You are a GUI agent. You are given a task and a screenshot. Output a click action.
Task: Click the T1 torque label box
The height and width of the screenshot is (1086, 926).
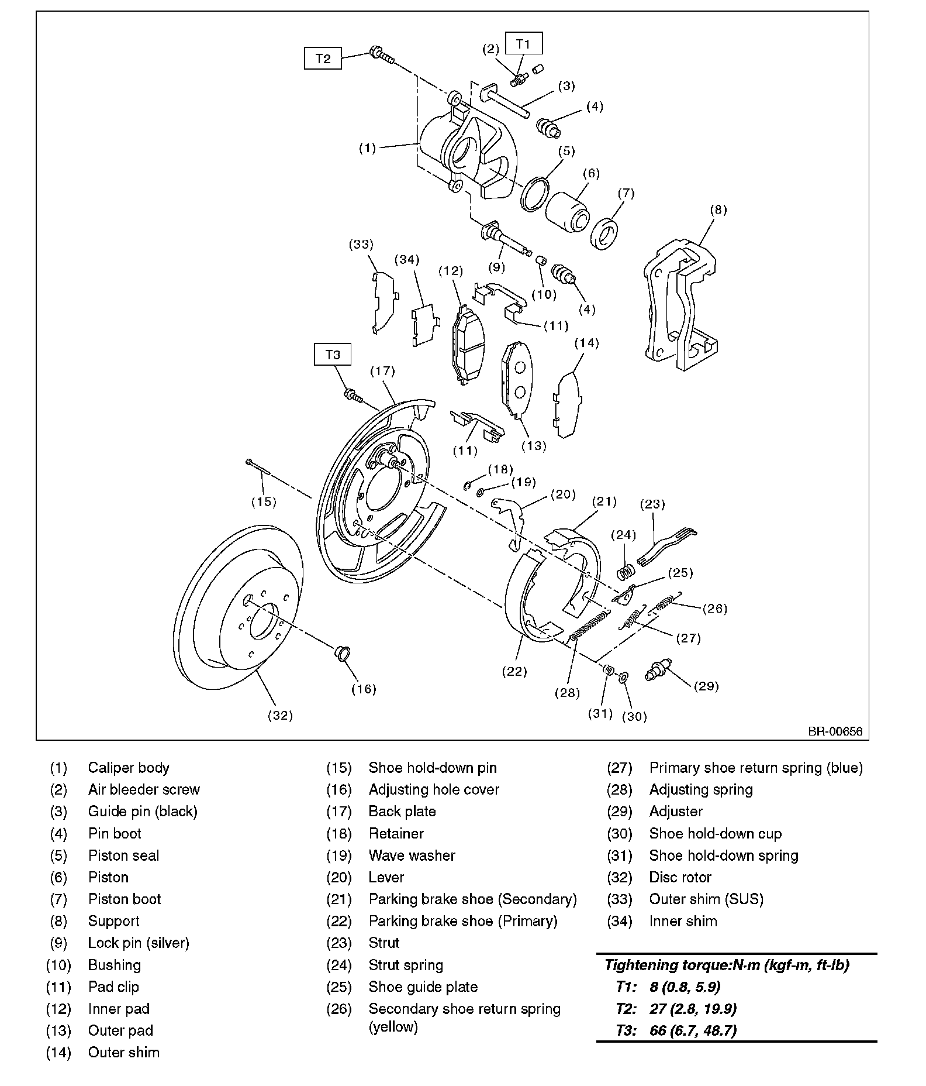[524, 44]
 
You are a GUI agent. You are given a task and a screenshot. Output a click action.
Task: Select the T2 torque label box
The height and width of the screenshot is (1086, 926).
[323, 59]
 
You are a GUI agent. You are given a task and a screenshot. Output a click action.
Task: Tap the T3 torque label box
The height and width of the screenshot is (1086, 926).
[333, 355]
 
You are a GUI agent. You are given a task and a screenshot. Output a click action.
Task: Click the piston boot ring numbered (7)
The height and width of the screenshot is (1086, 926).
[604, 233]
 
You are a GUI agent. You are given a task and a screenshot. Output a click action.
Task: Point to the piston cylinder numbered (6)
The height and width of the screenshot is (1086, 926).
[567, 210]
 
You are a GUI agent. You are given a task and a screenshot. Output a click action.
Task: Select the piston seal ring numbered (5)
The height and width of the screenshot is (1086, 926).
[535, 194]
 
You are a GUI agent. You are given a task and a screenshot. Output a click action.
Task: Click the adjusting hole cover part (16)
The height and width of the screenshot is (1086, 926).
[342, 652]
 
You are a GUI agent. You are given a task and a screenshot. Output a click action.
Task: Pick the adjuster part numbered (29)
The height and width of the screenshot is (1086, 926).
[658, 669]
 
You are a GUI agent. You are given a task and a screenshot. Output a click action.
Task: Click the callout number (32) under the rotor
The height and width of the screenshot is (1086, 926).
[280, 715]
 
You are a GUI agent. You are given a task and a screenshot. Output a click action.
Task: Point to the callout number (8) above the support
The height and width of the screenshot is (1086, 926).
[718, 209]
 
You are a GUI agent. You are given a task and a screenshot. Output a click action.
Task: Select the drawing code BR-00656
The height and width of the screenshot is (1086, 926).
[835, 731]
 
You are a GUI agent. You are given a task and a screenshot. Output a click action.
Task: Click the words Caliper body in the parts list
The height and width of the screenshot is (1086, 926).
[129, 768]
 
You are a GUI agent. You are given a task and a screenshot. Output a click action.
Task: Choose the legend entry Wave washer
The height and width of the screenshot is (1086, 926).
[412, 855]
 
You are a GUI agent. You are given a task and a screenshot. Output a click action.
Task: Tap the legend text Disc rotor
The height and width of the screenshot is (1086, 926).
[680, 877]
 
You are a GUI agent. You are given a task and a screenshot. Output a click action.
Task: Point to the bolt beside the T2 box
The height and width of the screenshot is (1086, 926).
[381, 55]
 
